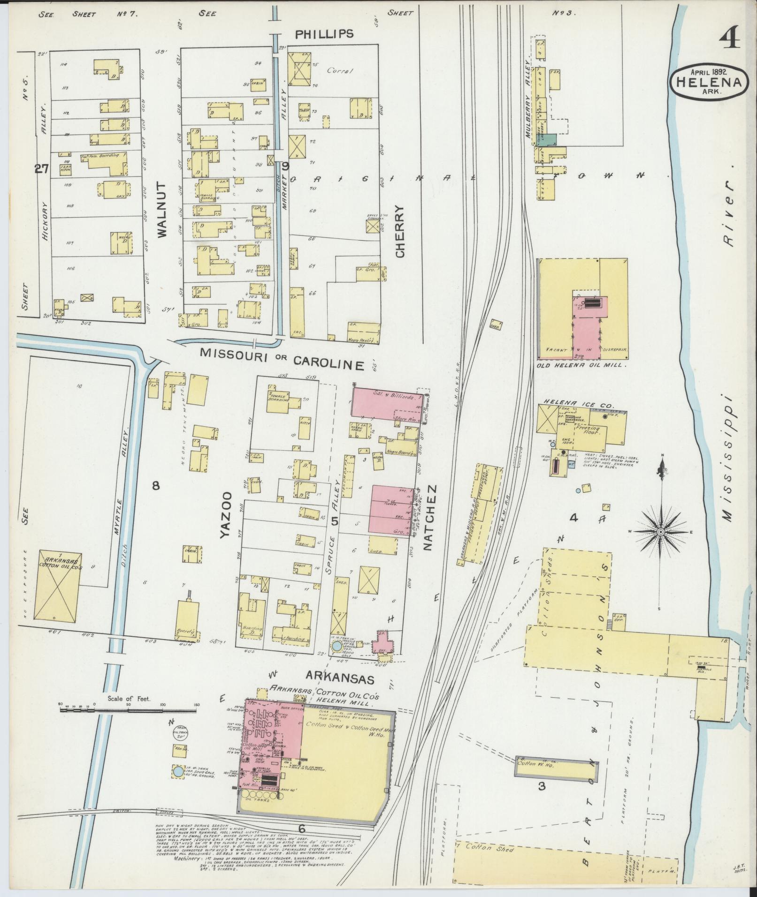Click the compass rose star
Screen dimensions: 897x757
coord(661,531)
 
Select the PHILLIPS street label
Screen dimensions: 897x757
coord(324,34)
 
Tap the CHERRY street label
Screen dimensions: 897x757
coord(400,231)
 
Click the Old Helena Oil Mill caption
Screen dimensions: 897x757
coord(582,364)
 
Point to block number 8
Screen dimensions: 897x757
coord(155,486)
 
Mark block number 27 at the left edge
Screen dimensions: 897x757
coord(41,169)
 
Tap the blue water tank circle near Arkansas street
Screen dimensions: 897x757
coord(336,647)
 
